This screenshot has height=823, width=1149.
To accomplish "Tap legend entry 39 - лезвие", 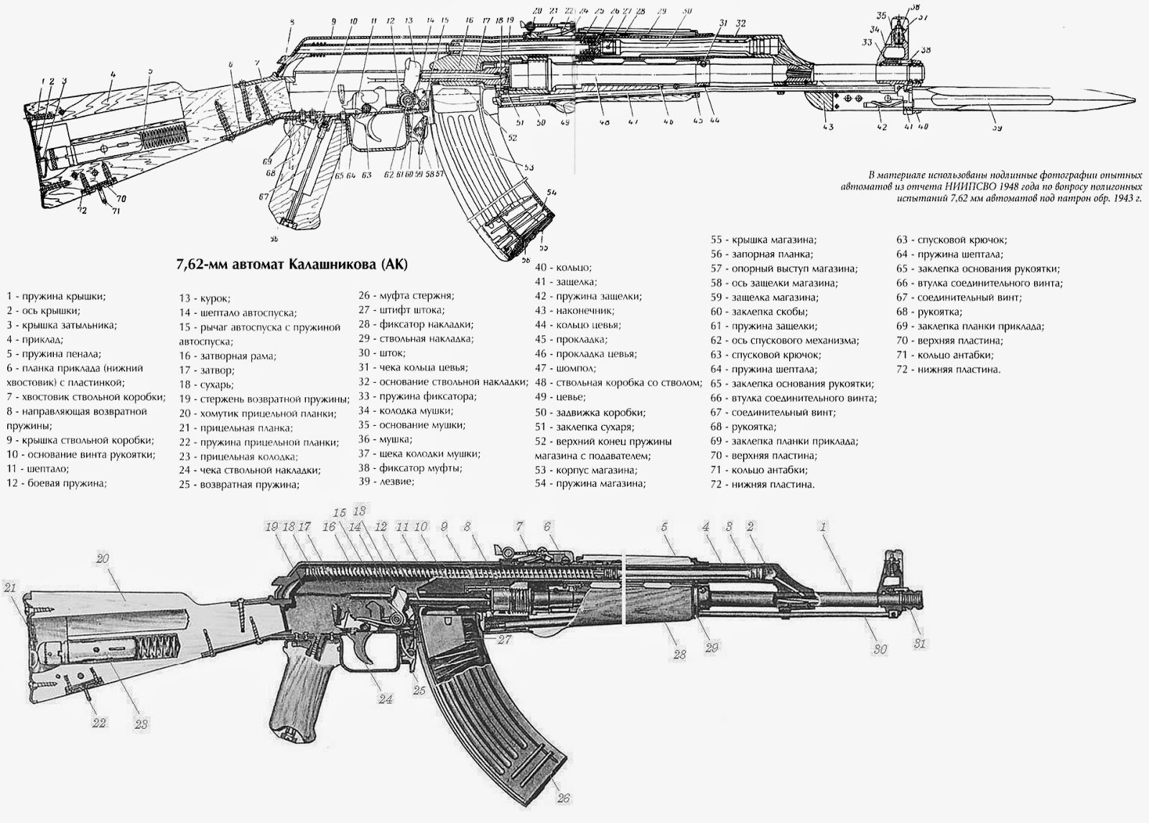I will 386,481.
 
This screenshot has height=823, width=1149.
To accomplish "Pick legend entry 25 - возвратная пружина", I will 239,484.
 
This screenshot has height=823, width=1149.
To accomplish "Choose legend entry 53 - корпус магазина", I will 585,470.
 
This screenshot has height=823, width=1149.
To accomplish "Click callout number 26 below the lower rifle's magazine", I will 563,798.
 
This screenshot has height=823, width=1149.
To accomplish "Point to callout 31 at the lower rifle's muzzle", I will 919,643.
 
